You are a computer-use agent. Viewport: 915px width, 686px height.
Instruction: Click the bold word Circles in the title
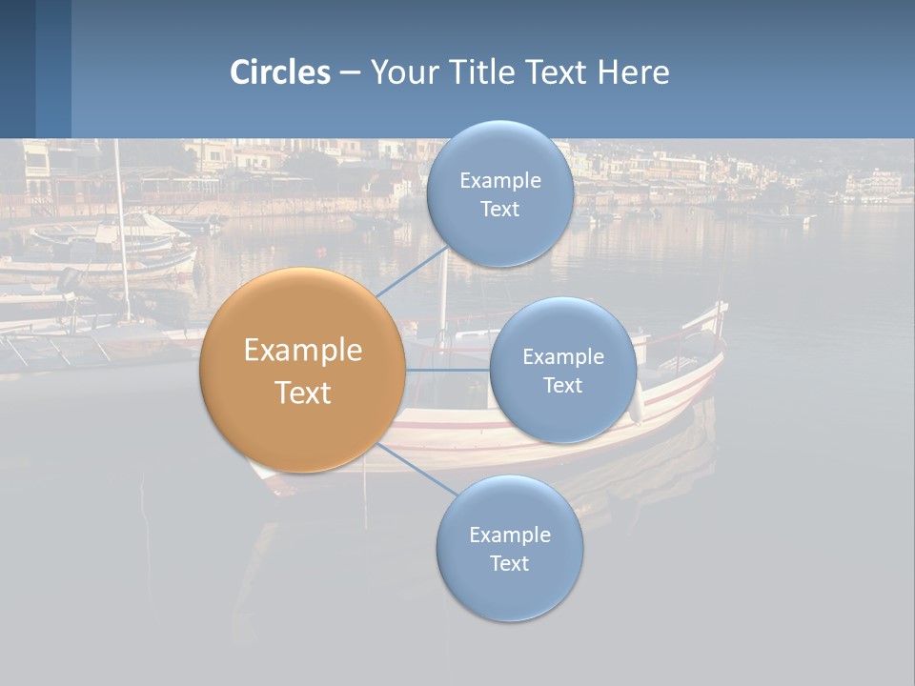point(280,72)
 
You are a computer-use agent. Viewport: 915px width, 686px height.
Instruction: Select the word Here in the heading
point(633,72)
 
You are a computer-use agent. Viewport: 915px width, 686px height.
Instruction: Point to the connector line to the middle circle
point(448,370)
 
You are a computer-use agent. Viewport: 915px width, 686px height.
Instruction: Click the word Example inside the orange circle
point(303,351)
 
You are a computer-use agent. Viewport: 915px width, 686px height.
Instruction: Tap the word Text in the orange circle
point(303,393)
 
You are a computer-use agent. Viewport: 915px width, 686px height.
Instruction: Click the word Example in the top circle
point(500,180)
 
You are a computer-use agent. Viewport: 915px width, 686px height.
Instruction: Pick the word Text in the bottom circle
point(510,564)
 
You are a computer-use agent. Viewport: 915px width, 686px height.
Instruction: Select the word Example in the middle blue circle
point(563,356)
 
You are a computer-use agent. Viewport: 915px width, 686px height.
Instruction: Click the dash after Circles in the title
point(350,72)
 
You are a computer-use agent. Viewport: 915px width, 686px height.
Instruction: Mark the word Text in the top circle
point(500,210)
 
